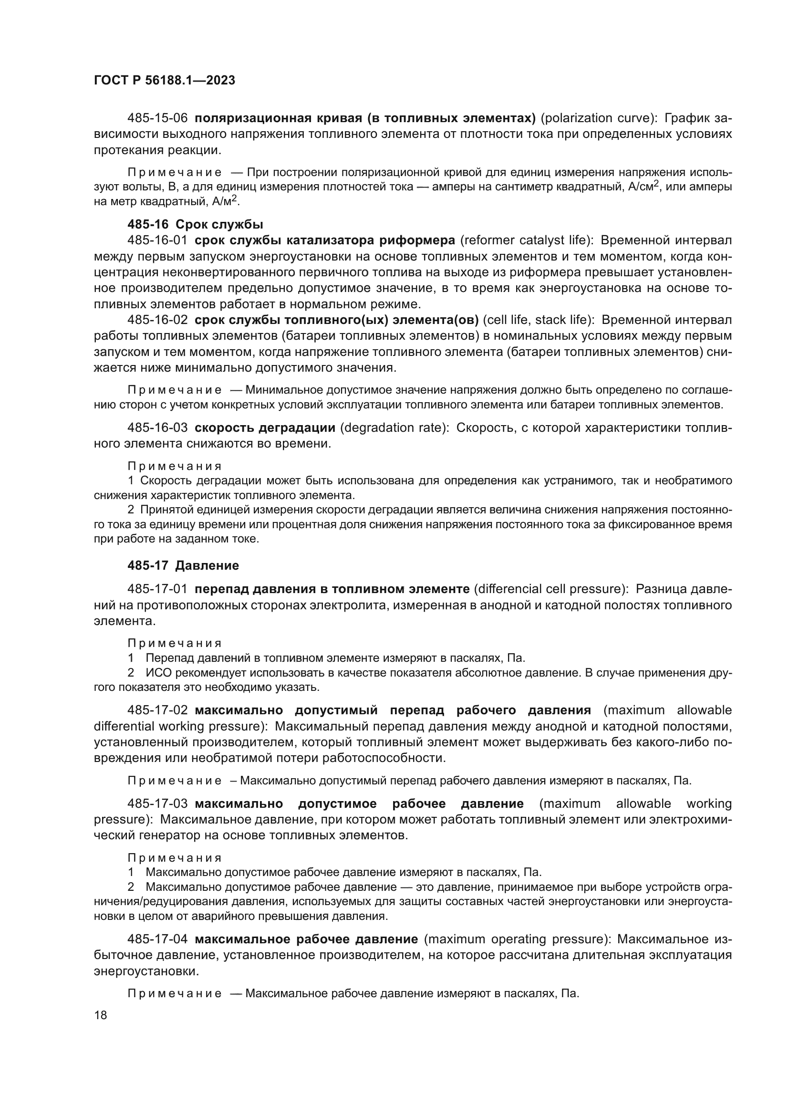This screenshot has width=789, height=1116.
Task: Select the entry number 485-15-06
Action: coord(157,118)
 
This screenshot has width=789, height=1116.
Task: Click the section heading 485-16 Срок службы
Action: coord(195,225)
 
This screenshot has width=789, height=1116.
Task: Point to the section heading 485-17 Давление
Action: coord(183,566)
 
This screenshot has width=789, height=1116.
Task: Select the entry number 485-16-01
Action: coord(157,240)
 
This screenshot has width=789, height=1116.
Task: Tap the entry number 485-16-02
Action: coord(157,320)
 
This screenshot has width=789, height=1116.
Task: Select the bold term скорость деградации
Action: coord(265,428)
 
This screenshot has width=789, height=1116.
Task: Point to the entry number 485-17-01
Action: coord(157,590)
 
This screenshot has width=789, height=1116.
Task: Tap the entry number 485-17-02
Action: coord(157,710)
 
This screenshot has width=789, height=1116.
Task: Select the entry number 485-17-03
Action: coord(157,804)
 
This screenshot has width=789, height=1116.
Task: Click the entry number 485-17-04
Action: coord(157,939)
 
